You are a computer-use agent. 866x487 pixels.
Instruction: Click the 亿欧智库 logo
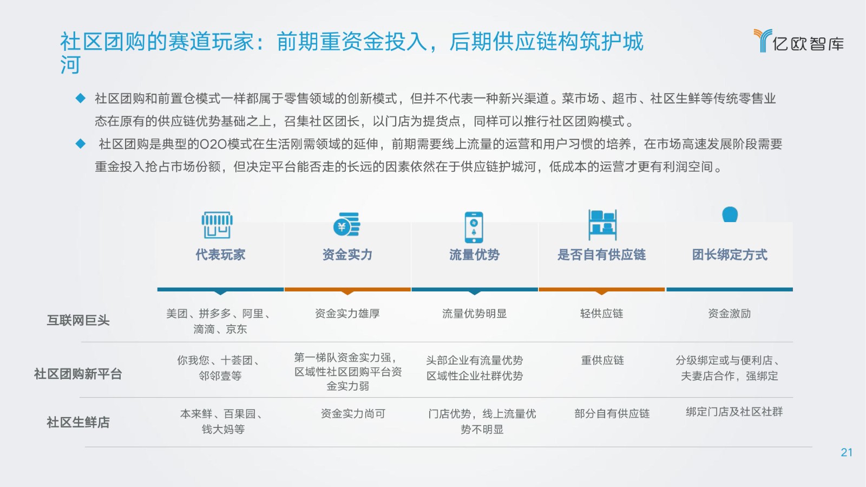[x=799, y=41]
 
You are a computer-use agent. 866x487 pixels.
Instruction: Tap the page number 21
[x=847, y=452]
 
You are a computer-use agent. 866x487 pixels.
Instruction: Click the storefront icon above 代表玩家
[x=217, y=225]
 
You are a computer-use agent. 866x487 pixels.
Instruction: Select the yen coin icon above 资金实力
[x=347, y=224]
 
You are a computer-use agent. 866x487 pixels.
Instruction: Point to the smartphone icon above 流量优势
[x=474, y=227]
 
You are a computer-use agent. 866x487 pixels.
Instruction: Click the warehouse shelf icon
[x=602, y=225]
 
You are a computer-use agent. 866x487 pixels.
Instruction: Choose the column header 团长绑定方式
[x=730, y=255]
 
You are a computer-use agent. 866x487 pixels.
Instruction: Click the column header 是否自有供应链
[x=601, y=255]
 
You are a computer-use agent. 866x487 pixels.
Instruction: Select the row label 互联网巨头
[x=78, y=320]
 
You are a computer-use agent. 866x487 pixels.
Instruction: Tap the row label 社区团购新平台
[x=78, y=374]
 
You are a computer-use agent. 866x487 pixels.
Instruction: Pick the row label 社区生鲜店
[x=78, y=423]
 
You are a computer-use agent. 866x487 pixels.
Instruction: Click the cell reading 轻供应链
[x=601, y=313]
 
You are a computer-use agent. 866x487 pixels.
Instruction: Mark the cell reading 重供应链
[x=602, y=361]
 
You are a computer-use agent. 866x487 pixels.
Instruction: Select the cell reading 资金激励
[x=730, y=313]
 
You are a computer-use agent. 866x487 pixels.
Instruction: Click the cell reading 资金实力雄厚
[x=347, y=313]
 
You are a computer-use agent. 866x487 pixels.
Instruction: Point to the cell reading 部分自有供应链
[x=612, y=414]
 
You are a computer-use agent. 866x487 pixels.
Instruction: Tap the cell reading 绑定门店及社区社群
[x=734, y=412]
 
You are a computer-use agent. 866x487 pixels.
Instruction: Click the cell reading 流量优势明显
[x=474, y=313]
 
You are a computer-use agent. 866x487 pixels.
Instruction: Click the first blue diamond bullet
[x=81, y=98]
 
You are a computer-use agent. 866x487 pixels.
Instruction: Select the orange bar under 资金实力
[x=347, y=289]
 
